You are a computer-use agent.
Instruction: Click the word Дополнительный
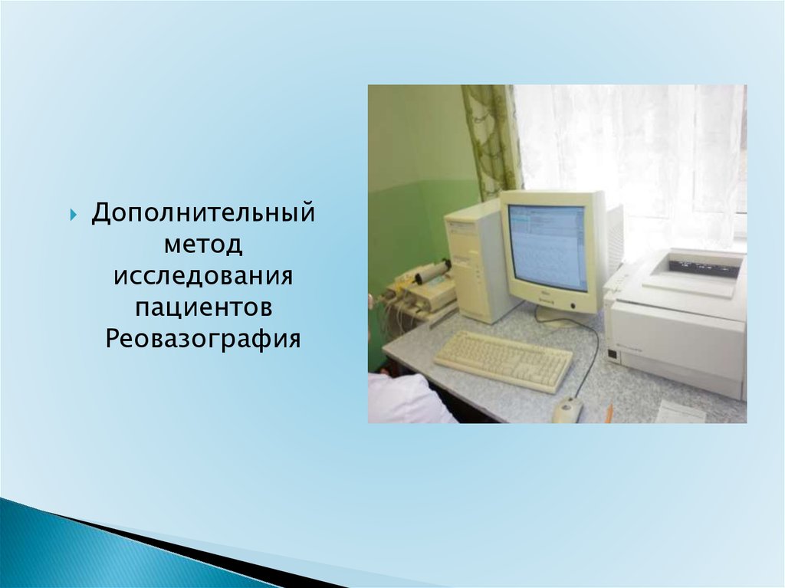(x=202, y=213)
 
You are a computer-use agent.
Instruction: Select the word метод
(x=203, y=245)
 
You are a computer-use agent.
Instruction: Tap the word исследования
(x=202, y=276)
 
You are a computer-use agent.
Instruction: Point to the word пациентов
(x=203, y=307)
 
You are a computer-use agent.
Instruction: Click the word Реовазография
(x=202, y=339)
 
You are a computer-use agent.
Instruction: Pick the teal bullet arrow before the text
(x=74, y=215)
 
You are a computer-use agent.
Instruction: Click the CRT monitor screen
(x=547, y=248)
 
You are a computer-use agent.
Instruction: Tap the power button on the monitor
(x=573, y=306)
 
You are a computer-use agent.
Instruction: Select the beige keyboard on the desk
(x=503, y=360)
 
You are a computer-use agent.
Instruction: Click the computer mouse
(x=568, y=409)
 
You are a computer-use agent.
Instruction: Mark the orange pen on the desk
(x=608, y=413)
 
